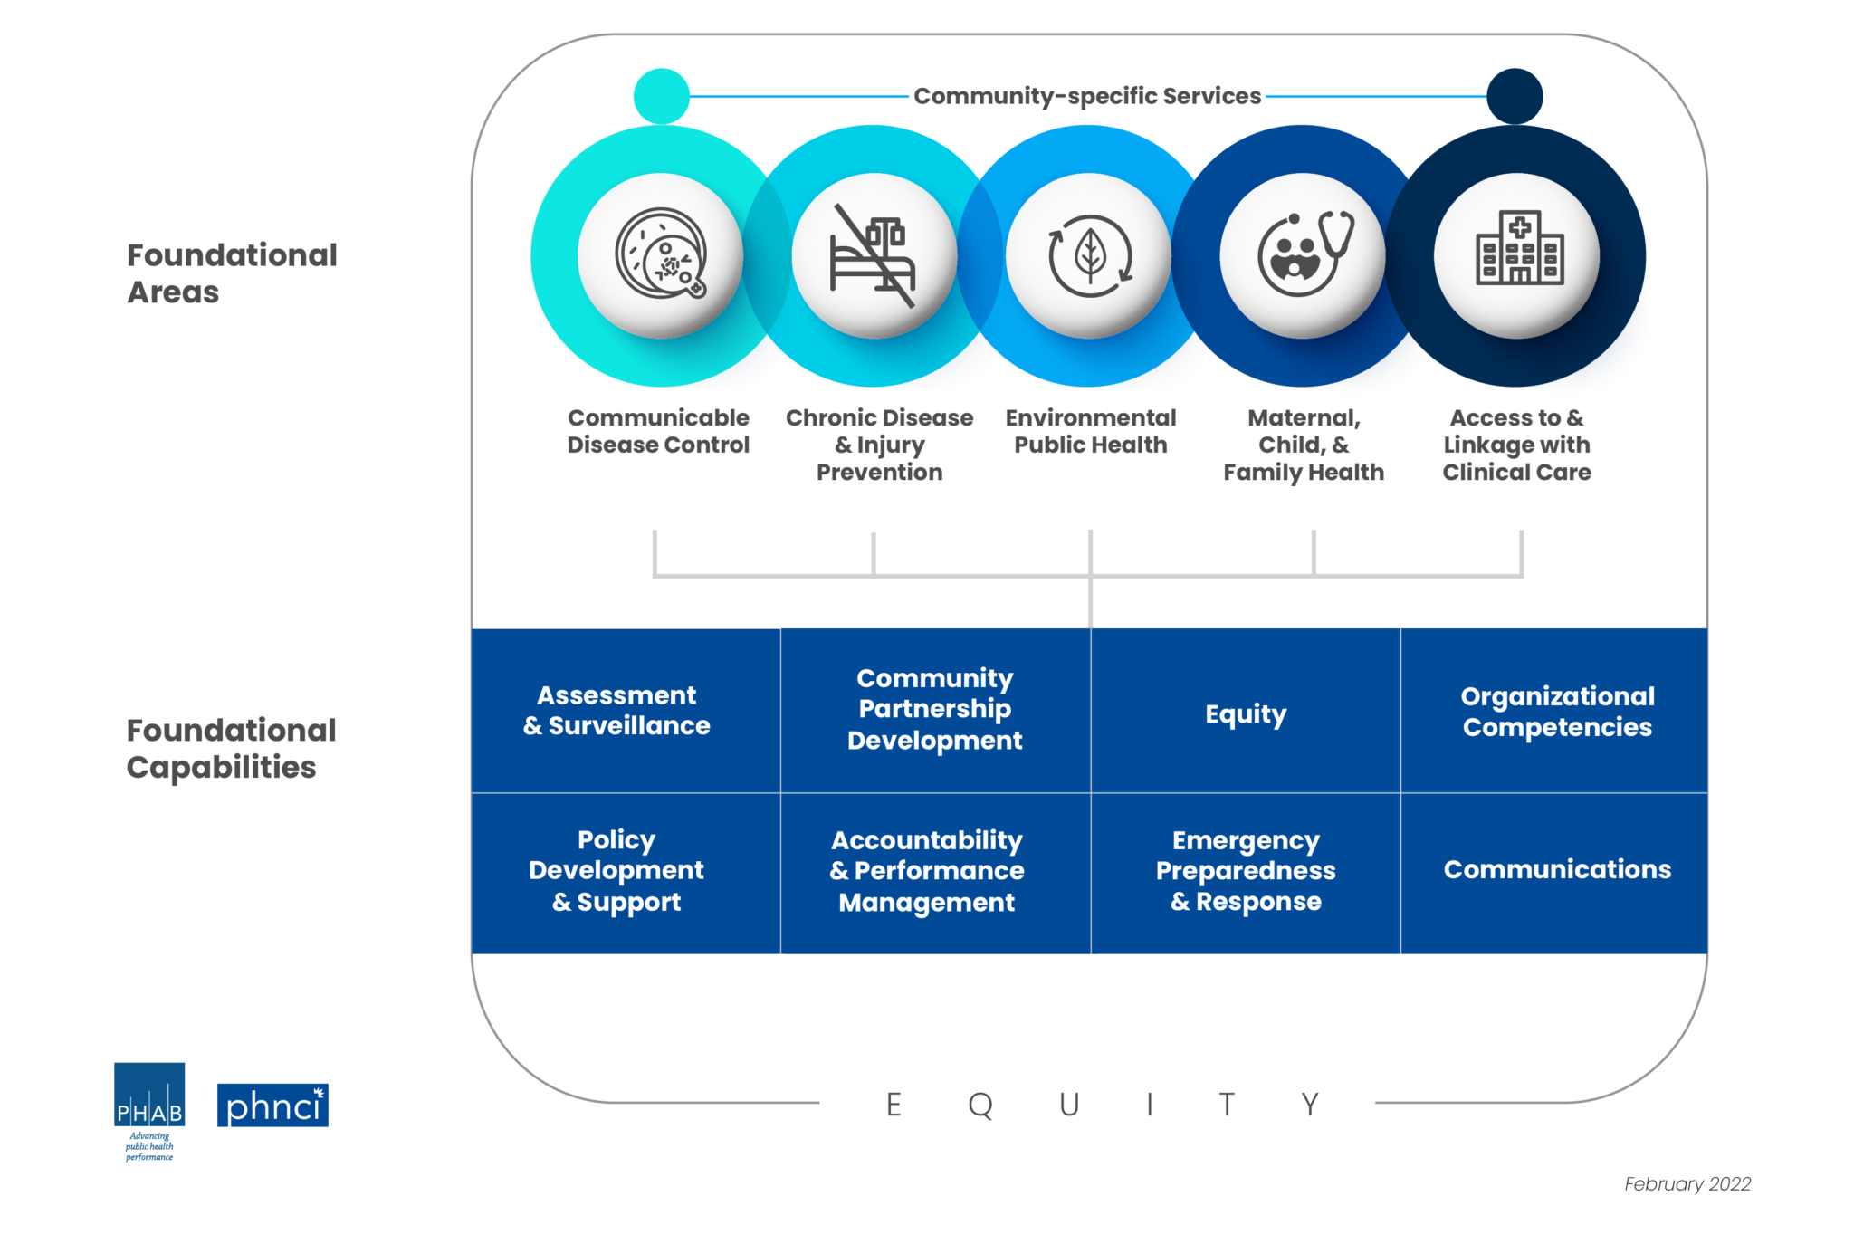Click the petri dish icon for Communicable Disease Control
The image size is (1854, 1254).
[661, 255]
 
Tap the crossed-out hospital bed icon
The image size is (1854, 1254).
[874, 255]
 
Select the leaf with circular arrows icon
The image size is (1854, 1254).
[1089, 255]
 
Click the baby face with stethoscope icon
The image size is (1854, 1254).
[1303, 255]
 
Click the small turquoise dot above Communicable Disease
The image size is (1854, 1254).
[662, 96]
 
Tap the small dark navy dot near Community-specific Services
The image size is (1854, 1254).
[1515, 96]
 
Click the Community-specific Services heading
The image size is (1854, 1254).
[1086, 96]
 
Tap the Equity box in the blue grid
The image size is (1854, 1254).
[1246, 713]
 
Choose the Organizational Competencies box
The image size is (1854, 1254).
[1555, 711]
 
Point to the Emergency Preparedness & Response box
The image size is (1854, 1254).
[1246, 872]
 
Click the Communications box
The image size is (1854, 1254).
[1555, 870]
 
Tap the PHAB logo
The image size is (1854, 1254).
[149, 1097]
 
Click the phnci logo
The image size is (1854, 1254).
[272, 1106]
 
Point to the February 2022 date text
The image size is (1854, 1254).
[1687, 1184]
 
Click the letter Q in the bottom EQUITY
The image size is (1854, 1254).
[980, 1105]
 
